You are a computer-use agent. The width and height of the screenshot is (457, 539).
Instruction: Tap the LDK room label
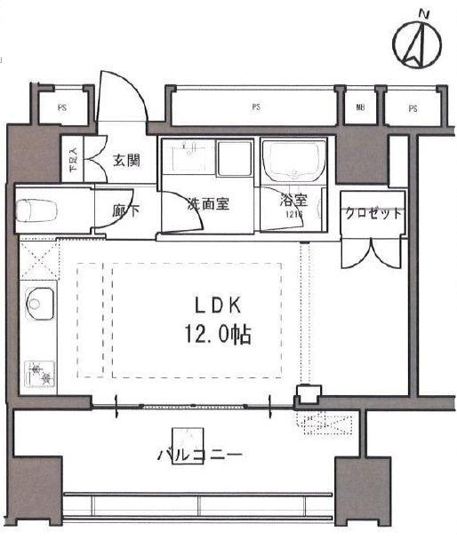[x=217, y=305]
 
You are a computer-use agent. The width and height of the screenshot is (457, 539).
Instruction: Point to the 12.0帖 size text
[x=218, y=336]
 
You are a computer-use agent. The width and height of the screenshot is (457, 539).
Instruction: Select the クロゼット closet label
[x=373, y=214]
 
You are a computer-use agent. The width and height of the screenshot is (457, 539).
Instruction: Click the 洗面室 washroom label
[x=208, y=202]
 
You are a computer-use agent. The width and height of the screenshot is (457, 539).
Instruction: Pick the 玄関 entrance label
[x=126, y=161]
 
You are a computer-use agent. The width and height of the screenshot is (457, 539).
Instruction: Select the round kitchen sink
[x=37, y=304]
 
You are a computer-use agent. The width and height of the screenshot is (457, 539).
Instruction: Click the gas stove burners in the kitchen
[x=38, y=370]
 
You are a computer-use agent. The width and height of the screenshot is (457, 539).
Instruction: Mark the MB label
[x=360, y=108]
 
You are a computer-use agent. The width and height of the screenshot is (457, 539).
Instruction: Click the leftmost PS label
[x=62, y=108]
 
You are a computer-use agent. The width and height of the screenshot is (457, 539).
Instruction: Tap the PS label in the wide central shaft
[x=255, y=107]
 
